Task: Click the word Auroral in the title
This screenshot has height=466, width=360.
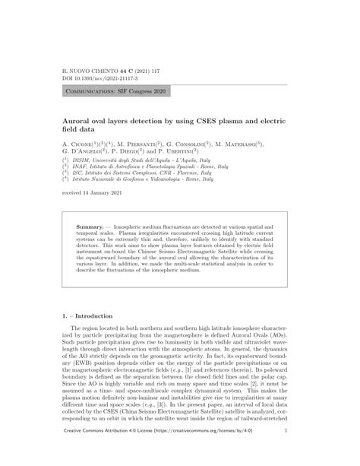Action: coord(81,120)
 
